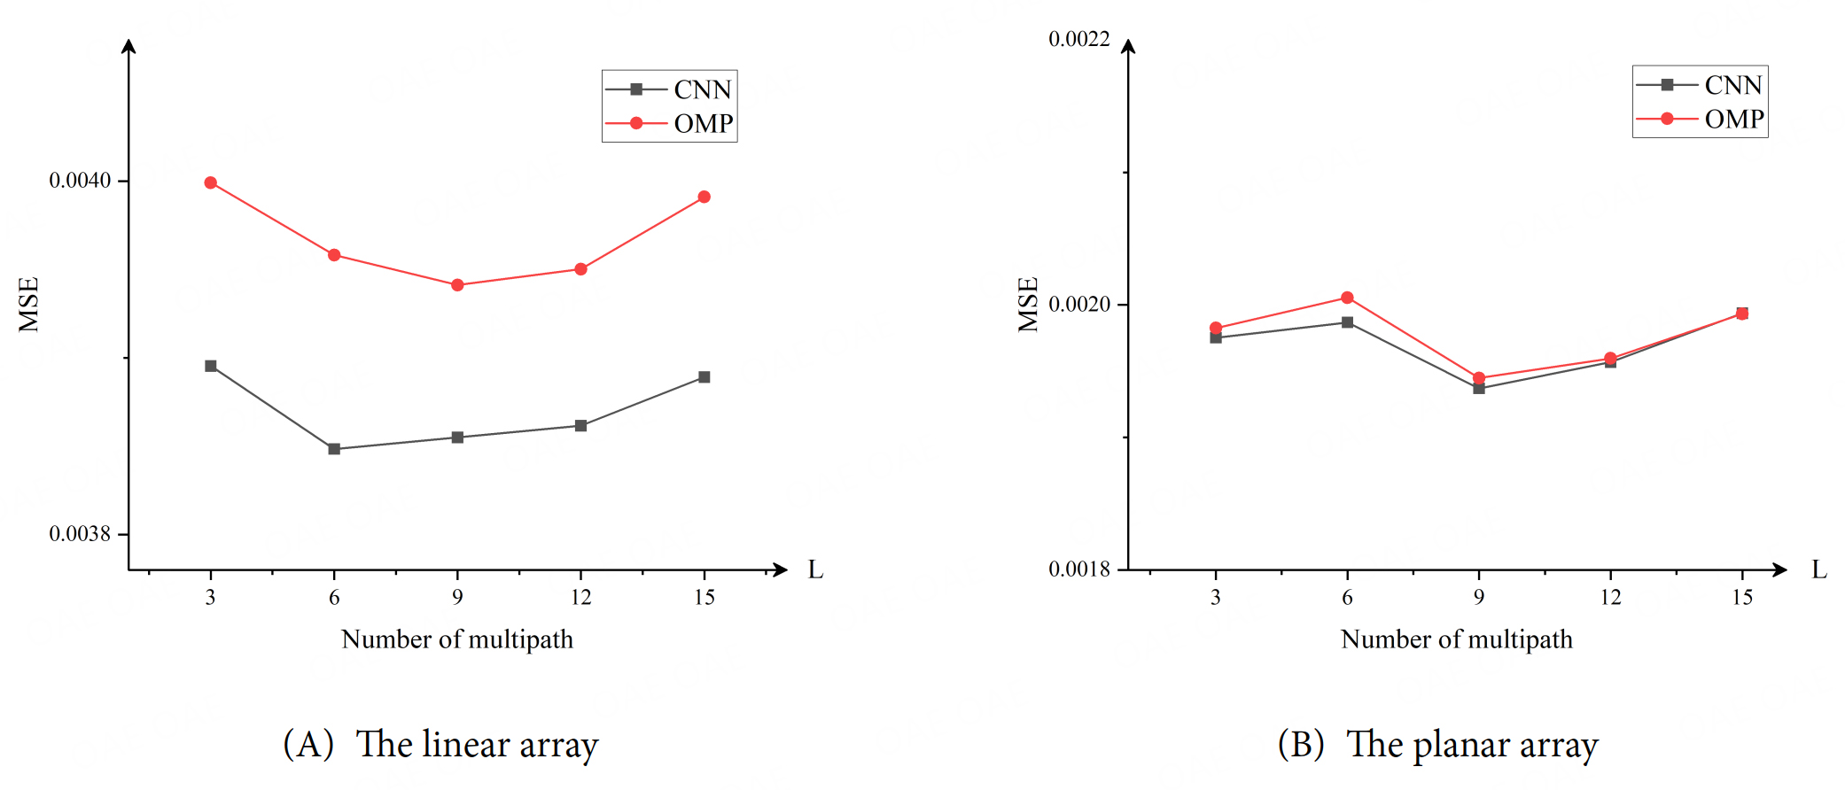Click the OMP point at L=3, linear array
click(x=210, y=183)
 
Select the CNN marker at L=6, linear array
click(x=334, y=449)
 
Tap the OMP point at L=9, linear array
click(x=457, y=285)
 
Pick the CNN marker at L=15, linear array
click(x=705, y=377)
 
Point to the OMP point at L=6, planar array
click(x=1347, y=298)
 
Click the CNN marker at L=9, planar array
click(x=1479, y=389)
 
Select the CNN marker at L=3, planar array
click(x=1216, y=338)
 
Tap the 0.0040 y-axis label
click(x=80, y=181)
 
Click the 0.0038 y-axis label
click(x=80, y=534)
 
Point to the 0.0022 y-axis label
click(x=1078, y=39)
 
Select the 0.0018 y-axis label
click(x=1078, y=569)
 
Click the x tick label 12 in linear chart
click(x=580, y=598)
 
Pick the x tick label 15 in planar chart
click(x=1742, y=598)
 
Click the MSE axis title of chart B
click(x=1028, y=304)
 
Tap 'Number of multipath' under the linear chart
click(x=457, y=639)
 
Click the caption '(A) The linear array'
click(x=440, y=744)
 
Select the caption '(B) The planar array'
click(x=1437, y=744)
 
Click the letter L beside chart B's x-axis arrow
click(x=1819, y=569)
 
